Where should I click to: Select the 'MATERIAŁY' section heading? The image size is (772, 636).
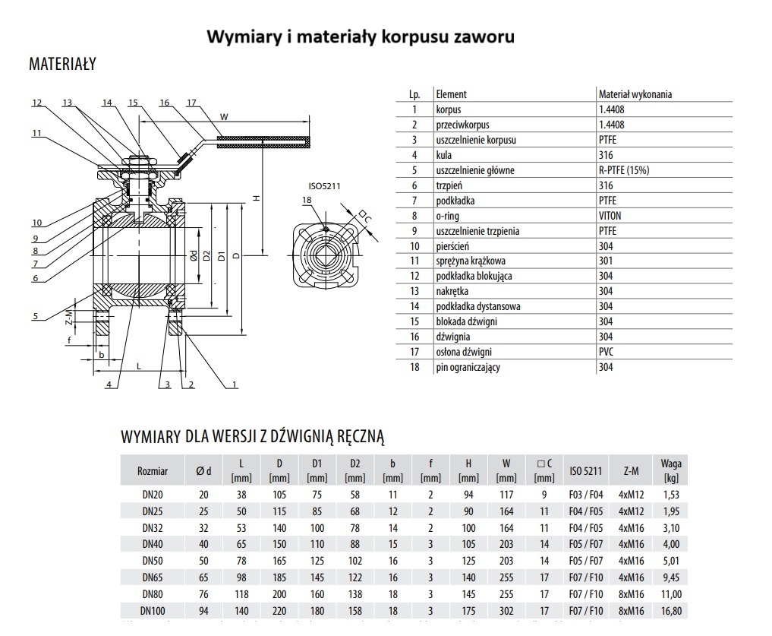tap(62, 65)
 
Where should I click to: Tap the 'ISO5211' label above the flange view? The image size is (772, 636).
tap(322, 185)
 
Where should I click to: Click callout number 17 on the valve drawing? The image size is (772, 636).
tap(191, 103)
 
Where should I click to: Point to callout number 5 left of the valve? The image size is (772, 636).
tap(36, 316)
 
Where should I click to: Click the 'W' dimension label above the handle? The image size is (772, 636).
tap(224, 116)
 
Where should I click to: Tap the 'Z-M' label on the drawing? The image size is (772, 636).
tap(68, 314)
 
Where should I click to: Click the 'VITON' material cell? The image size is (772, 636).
tap(610, 216)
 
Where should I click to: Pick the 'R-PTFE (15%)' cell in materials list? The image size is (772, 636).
tap(624, 170)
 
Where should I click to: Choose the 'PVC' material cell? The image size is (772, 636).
tap(607, 352)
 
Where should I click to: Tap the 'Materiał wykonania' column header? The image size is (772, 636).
tap(635, 94)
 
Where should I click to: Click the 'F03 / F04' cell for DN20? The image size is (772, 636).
tap(585, 495)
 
